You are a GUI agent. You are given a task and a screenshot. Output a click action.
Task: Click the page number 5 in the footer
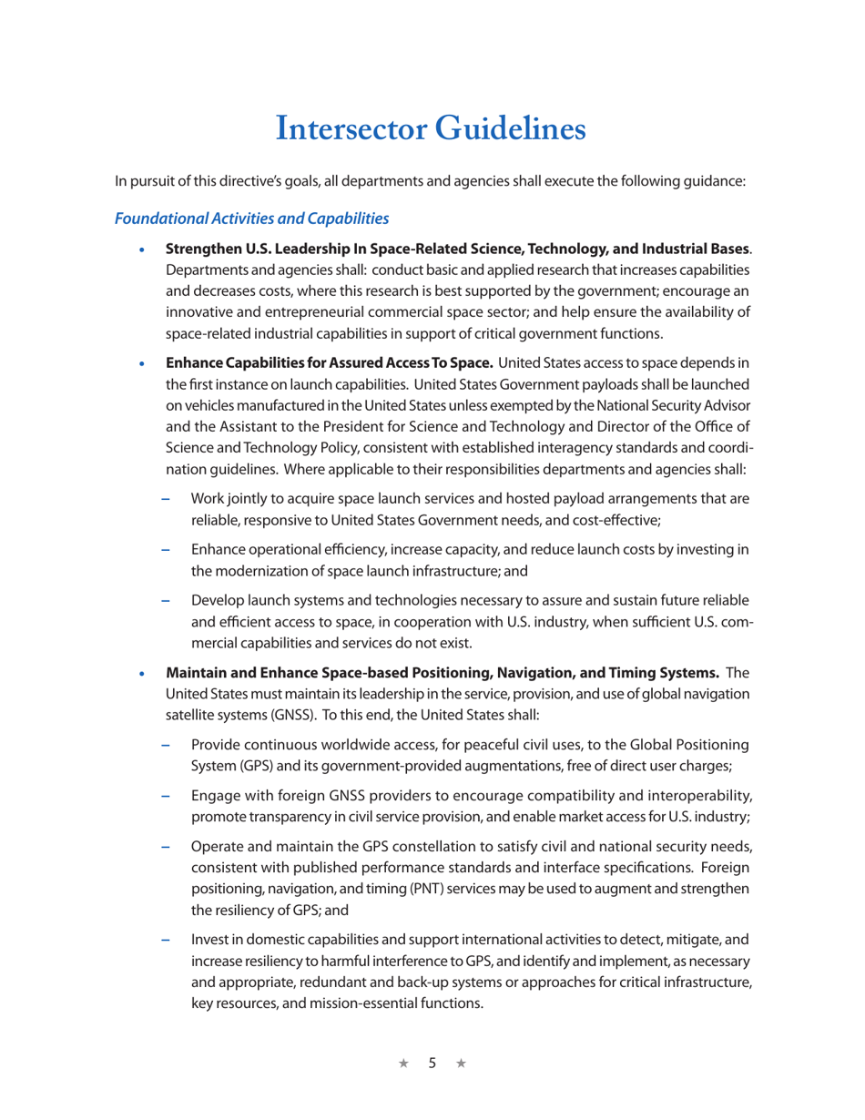432,1063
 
